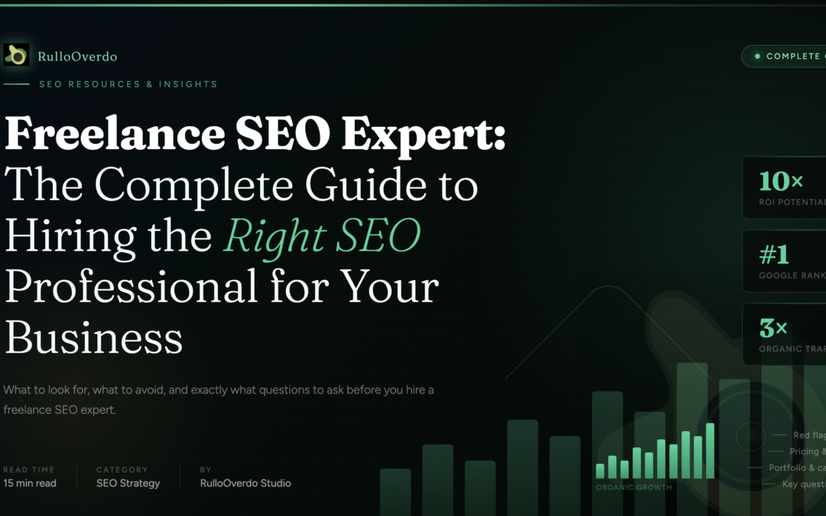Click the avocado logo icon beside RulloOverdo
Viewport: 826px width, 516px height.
[16, 55]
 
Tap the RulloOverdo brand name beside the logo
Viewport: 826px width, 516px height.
[77, 57]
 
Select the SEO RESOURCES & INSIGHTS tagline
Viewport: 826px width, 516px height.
[128, 84]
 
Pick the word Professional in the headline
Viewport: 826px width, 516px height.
[131, 287]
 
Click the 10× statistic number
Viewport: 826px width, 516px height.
[781, 181]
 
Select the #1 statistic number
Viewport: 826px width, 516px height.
[774, 255]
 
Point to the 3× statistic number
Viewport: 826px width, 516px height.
[773, 329]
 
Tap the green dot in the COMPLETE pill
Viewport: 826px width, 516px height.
[758, 57]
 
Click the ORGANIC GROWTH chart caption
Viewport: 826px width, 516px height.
[634, 487]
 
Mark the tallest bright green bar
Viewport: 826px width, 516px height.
[710, 450]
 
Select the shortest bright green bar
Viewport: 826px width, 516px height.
[600, 471]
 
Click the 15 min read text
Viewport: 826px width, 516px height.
[30, 483]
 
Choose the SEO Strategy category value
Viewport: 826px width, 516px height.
[128, 483]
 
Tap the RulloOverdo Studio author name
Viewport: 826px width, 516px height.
[246, 483]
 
